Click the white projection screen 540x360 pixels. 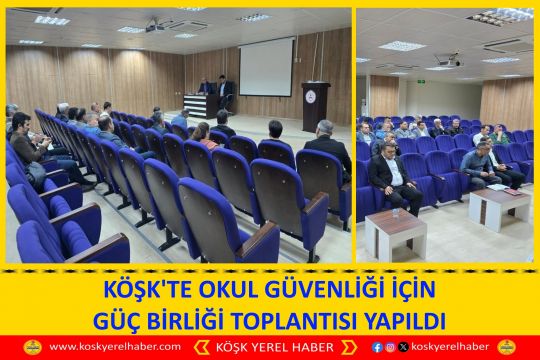tap(267, 67)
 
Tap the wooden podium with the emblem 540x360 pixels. tap(316, 106)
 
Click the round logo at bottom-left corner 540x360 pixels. tap(30, 347)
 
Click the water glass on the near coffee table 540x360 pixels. tap(396, 213)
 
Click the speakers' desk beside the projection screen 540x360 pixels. tap(218, 103)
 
